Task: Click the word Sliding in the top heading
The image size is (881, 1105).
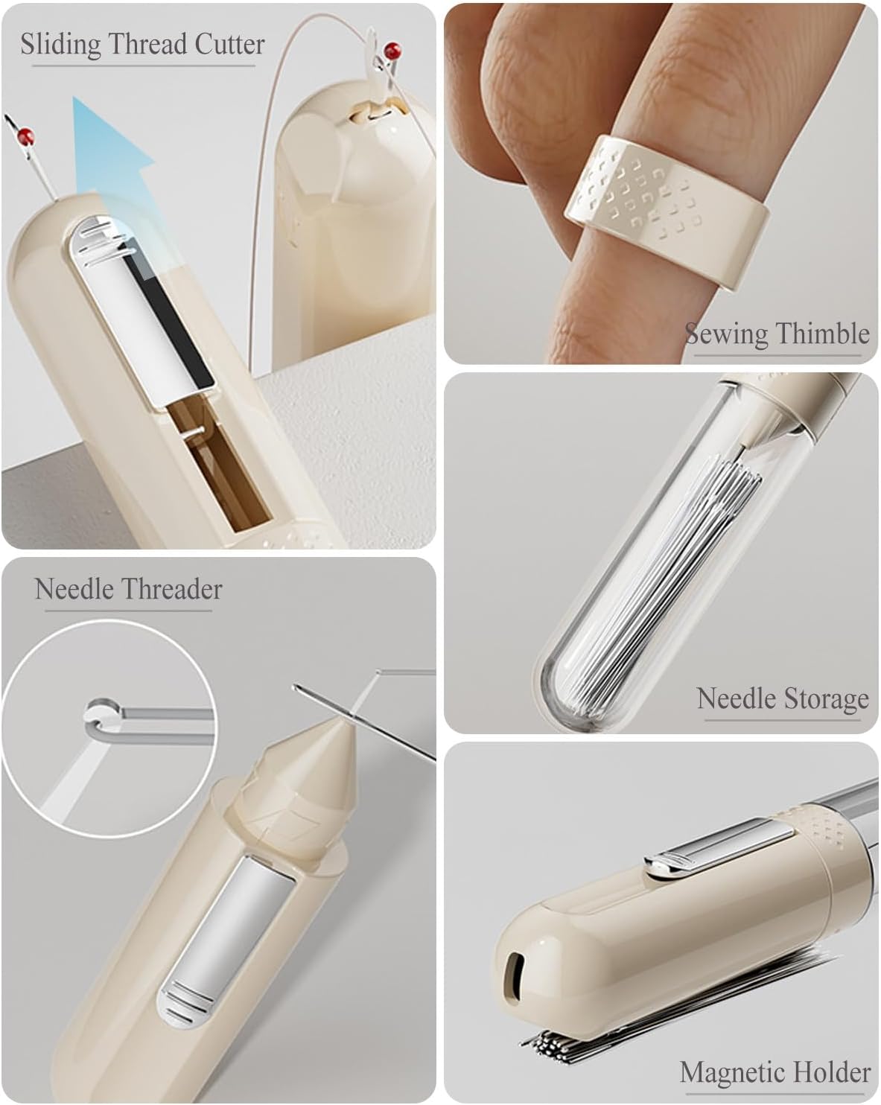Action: [x=60, y=45]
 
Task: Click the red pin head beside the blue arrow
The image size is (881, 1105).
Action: [x=24, y=137]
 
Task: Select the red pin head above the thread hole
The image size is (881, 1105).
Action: [x=392, y=51]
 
